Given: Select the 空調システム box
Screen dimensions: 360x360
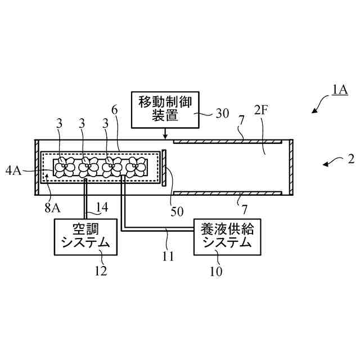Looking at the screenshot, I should pos(85,236).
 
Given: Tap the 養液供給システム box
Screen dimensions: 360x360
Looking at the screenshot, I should pos(226,236).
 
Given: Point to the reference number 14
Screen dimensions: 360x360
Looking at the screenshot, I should pos(101,208).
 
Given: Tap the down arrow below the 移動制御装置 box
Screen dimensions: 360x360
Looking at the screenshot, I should pos(164,134).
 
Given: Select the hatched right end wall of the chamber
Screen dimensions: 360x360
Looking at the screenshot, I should pos(291,167).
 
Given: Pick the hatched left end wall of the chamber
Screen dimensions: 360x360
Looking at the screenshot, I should pos(37,167).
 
